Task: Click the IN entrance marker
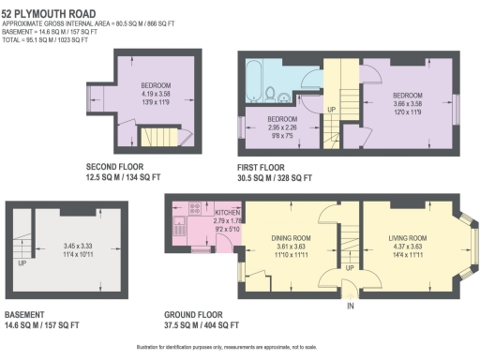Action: pos(351,307)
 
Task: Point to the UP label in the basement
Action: pos(22,263)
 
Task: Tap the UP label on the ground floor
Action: pos(350,268)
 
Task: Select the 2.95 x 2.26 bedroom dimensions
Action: pos(283,127)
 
